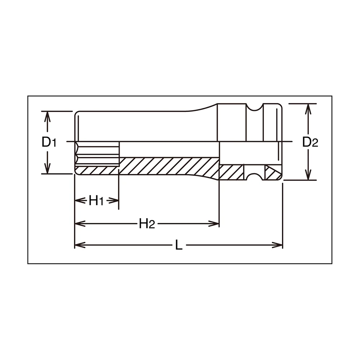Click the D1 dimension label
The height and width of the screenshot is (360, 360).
tap(49, 142)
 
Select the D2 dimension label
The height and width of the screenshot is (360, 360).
tap(310, 142)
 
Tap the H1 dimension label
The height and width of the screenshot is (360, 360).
tap(96, 201)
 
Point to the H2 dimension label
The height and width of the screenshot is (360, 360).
tap(147, 224)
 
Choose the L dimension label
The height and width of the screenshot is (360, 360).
tap(179, 245)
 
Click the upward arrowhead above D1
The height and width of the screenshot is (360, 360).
tap(47, 117)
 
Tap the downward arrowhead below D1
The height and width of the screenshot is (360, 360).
tap(47, 168)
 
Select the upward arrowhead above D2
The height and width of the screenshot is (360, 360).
tap(308, 109)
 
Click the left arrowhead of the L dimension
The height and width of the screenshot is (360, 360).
tap(80, 245)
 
